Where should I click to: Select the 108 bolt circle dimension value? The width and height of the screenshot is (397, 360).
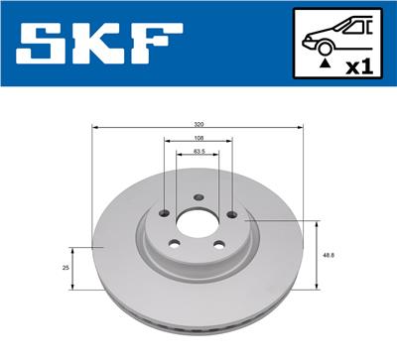(x=198, y=139)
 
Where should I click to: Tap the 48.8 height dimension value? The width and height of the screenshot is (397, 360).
(x=327, y=255)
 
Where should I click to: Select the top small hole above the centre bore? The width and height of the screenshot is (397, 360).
(x=198, y=195)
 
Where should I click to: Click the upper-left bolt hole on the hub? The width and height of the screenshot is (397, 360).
(x=165, y=212)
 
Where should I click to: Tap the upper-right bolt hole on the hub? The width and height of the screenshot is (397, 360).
(x=231, y=212)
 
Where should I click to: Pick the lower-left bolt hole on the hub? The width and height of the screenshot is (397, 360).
(x=177, y=246)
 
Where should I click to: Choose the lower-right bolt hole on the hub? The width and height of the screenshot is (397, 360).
(x=218, y=246)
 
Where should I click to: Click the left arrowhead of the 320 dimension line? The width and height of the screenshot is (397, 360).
(x=94, y=129)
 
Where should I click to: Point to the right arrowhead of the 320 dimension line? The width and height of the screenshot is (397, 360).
(x=301, y=129)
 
